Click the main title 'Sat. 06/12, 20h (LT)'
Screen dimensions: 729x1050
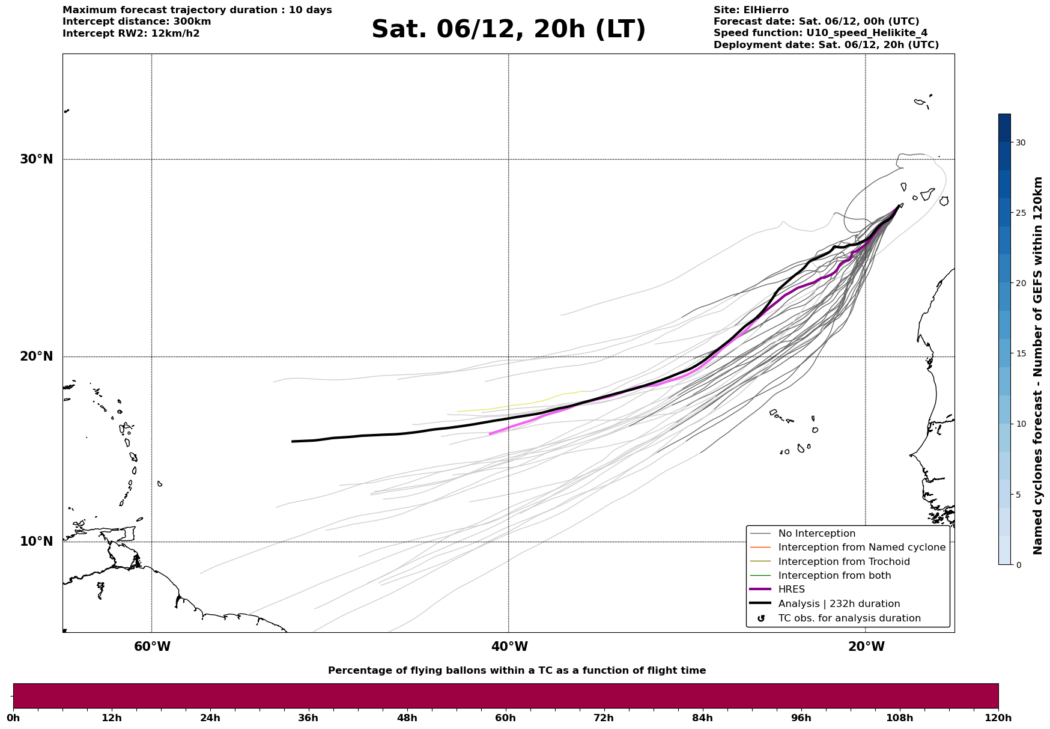508,29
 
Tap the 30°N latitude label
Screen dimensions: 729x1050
36,159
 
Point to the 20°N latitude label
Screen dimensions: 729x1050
36,356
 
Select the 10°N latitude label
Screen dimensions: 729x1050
36,541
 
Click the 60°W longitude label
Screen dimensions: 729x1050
152,647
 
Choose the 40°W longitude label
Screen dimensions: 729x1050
509,647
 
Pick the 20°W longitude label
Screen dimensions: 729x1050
866,647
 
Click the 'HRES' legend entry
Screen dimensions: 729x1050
791,590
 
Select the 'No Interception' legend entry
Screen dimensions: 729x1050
816,534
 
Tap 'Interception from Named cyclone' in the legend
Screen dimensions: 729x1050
861,548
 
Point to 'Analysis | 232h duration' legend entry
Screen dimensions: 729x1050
839,604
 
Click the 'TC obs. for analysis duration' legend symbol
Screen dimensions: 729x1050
761,618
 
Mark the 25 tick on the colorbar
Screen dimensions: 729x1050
1020,213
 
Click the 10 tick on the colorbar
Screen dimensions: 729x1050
1020,424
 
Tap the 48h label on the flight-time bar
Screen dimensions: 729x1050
407,718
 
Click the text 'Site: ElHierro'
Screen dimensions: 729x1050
751,10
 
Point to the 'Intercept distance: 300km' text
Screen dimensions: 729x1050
136,22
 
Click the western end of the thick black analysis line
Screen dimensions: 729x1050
293,441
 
